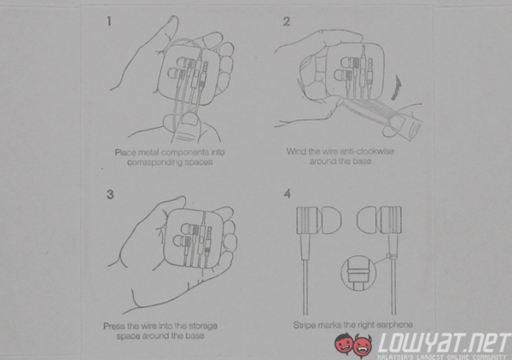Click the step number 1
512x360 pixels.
click(109, 21)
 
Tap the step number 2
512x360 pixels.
click(287, 21)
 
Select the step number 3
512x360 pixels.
click(110, 195)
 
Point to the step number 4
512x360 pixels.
click(288, 194)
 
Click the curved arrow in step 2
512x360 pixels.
click(397, 87)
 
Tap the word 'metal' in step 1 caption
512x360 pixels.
click(148, 153)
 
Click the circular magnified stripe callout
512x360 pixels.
click(358, 273)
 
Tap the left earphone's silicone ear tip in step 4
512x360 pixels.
click(330, 220)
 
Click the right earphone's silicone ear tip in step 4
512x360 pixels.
click(368, 220)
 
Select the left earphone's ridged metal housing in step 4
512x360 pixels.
click(308, 220)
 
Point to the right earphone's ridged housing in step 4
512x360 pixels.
click(390, 220)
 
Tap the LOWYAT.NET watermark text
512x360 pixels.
click(444, 344)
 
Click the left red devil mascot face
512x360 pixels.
click(345, 344)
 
